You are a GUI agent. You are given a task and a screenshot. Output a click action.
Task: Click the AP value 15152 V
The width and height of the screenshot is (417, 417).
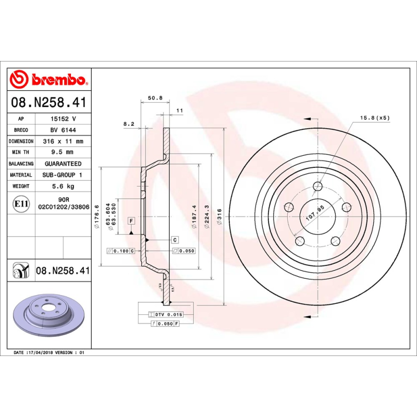pos(63,119)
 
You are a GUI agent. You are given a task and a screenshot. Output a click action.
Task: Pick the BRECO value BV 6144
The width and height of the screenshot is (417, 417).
pos(63,130)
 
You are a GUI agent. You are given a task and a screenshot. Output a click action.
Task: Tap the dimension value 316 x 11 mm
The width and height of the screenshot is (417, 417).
pos(63,141)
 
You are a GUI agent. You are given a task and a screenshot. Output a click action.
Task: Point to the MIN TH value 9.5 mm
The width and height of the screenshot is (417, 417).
pos(63,152)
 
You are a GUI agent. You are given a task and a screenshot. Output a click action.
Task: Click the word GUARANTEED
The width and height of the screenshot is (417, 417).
pos(63,164)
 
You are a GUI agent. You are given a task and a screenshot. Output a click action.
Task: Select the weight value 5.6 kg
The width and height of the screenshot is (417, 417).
pos(63,186)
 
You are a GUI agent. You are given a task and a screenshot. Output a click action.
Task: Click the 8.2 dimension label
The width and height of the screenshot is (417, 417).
pos(129,124)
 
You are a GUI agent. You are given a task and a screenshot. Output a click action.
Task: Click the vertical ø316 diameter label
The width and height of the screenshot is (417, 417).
pos(220,216)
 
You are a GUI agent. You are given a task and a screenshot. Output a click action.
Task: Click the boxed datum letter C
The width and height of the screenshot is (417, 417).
pos(175,239)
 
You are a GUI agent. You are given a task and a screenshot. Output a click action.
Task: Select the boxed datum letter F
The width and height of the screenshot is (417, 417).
pos(131,221)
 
